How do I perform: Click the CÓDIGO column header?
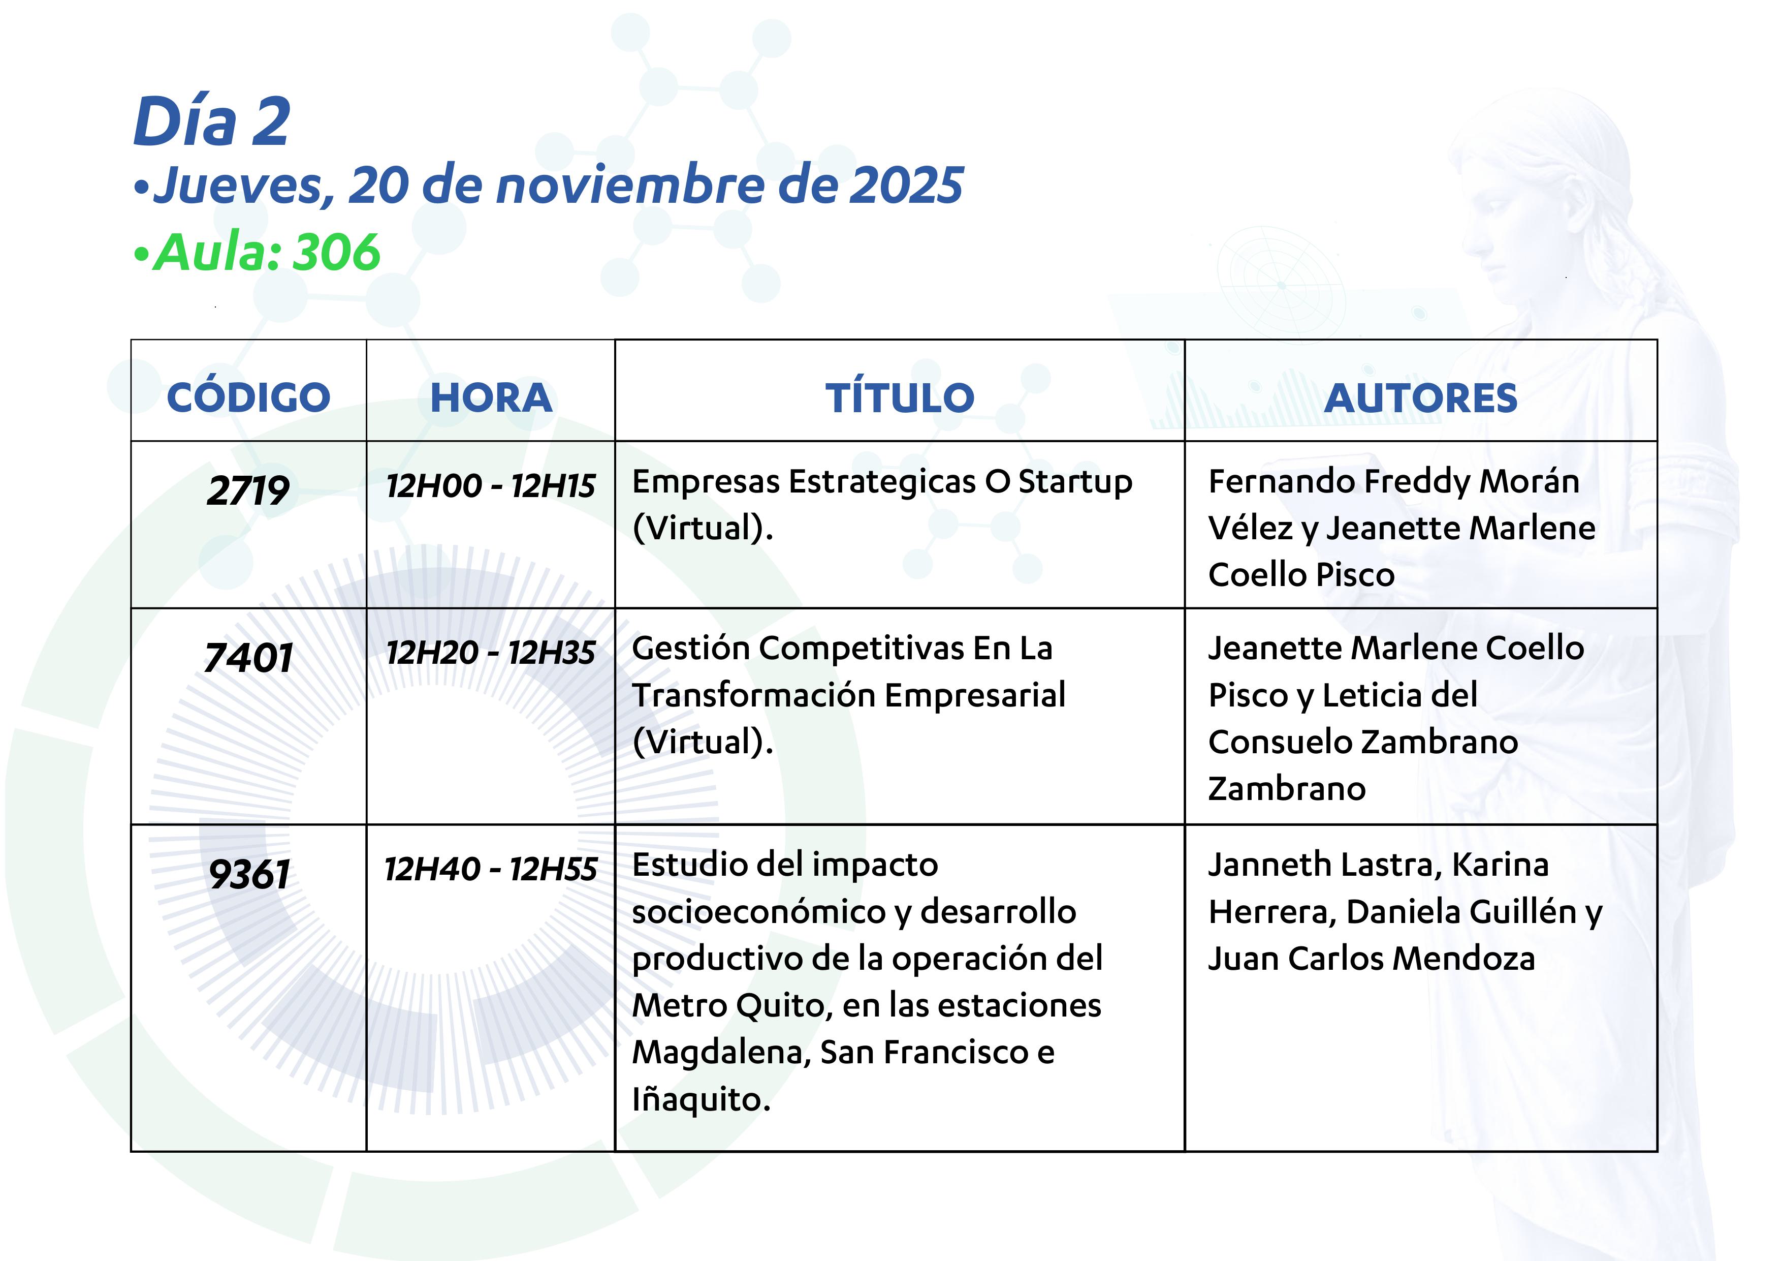tap(248, 397)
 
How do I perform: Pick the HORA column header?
tap(491, 397)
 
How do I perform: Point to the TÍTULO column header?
tap(900, 397)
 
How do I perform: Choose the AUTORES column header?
tap(1420, 397)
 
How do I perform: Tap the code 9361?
tap(249, 874)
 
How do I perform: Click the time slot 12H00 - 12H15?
tap(491, 486)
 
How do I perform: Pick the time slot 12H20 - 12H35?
tap(491, 652)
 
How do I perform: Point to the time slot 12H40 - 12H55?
tap(491, 869)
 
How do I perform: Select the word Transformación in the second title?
tap(754, 695)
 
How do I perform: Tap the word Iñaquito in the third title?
tap(701, 1099)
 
